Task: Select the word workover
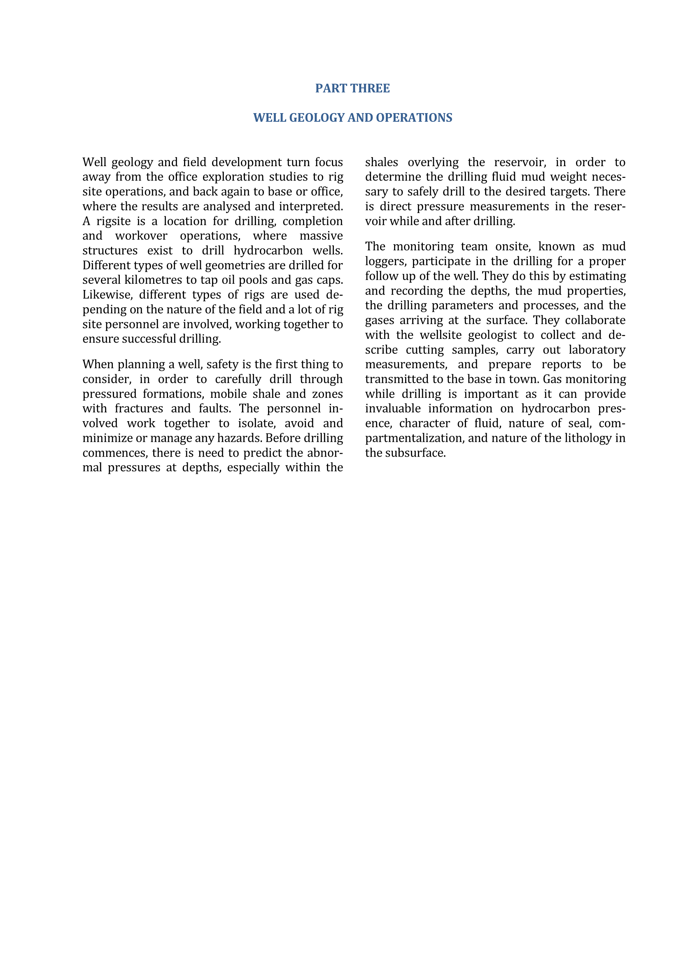[x=141, y=236]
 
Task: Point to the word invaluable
[x=392, y=408]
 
